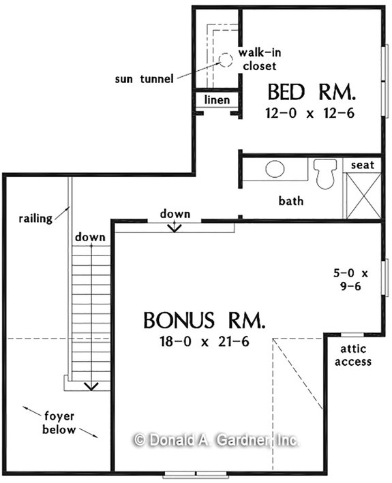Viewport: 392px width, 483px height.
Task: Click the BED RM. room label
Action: [x=311, y=91]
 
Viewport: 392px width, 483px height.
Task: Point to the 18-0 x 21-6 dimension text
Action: [x=204, y=340]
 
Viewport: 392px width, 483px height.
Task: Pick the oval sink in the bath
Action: [x=275, y=169]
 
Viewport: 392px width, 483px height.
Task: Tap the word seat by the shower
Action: [x=362, y=165]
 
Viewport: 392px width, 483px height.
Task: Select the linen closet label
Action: [x=217, y=101]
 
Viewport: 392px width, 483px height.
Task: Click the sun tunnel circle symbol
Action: [x=226, y=59]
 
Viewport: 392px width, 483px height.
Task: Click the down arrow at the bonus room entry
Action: [x=175, y=227]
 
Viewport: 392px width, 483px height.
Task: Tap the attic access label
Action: [x=352, y=356]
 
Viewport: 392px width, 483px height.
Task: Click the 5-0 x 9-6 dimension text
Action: [x=352, y=280]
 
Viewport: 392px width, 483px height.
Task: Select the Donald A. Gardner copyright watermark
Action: [x=215, y=440]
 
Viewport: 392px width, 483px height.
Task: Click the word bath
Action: [x=291, y=201]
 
